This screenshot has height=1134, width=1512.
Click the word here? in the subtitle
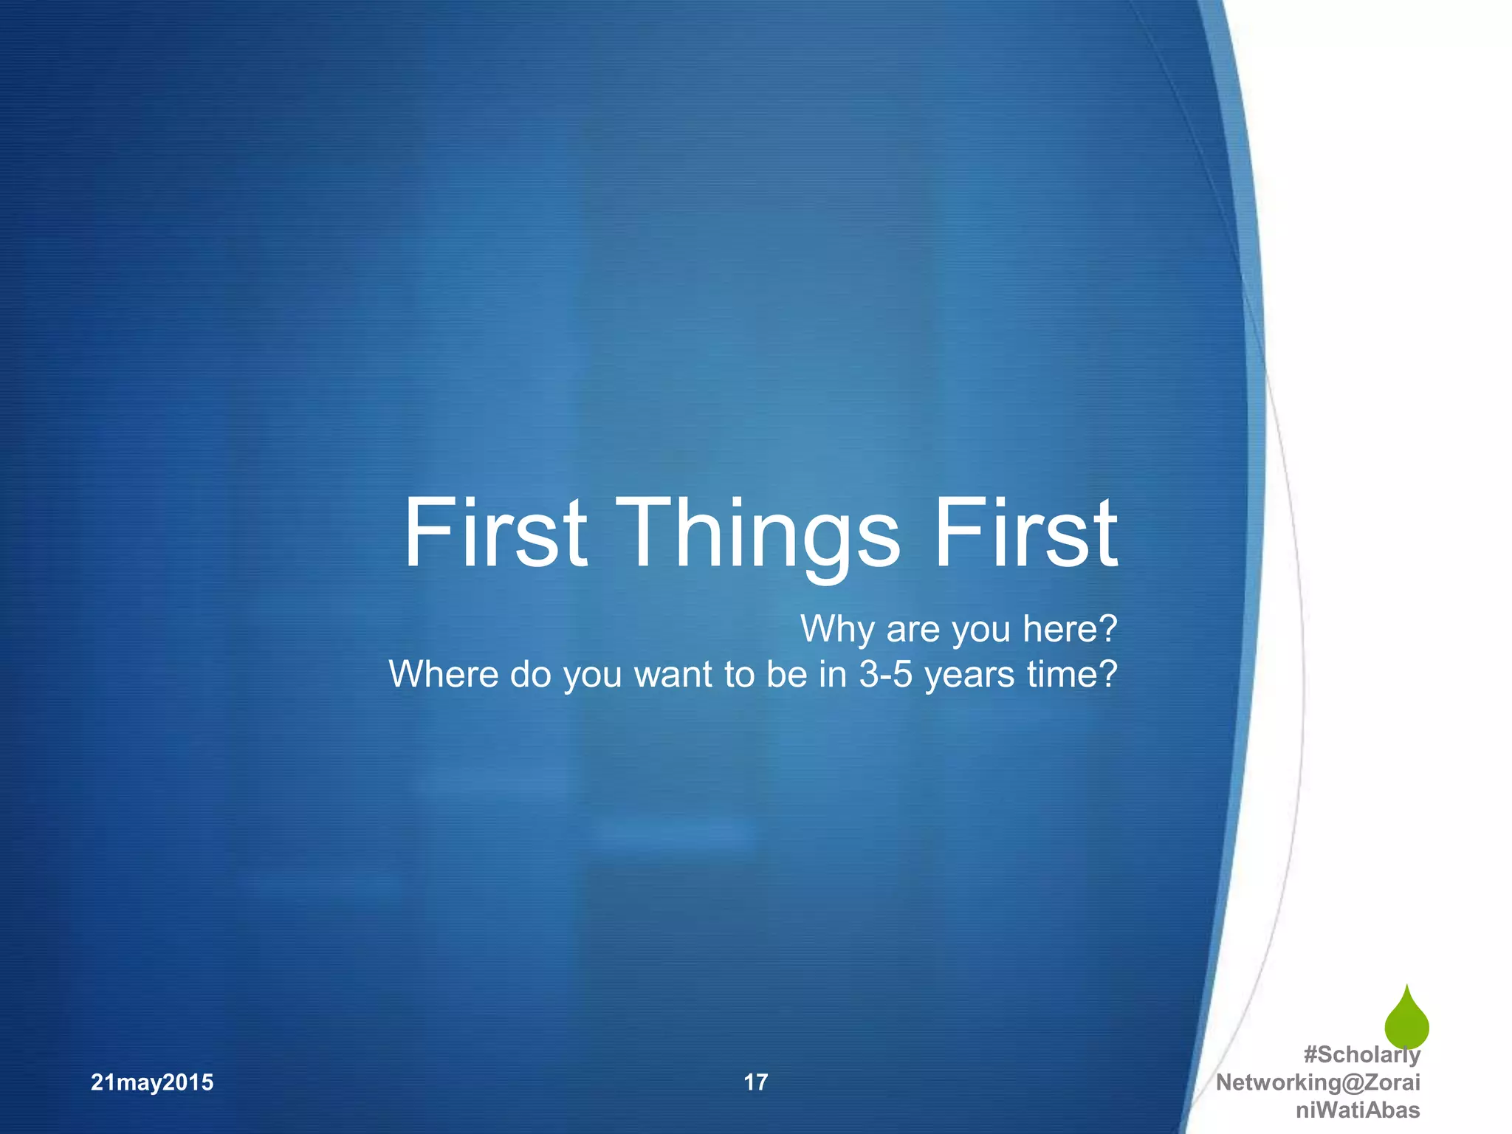[x=1071, y=629]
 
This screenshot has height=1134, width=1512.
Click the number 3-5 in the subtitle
[x=886, y=674]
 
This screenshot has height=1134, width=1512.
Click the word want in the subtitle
[x=675, y=675]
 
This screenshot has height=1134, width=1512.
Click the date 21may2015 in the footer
[x=152, y=1082]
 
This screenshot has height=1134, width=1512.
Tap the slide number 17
[x=755, y=1082]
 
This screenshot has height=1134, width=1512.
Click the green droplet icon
[x=1406, y=1020]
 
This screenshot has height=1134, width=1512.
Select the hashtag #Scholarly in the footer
[x=1361, y=1054]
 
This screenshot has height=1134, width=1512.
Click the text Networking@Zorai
[x=1318, y=1082]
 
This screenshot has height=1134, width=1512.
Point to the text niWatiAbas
[x=1358, y=1110]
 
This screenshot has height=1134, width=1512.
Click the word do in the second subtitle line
[x=530, y=674]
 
